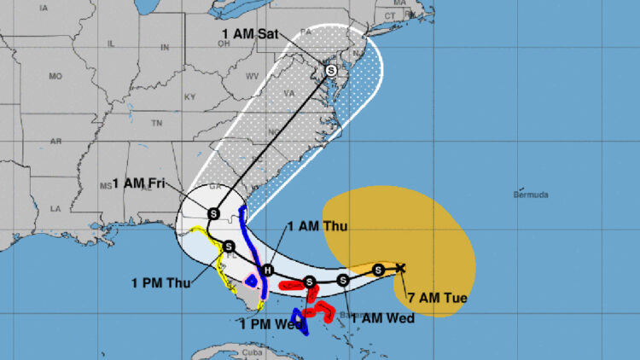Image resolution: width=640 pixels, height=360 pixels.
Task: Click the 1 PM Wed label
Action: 268,322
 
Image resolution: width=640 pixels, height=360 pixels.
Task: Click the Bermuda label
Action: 531,195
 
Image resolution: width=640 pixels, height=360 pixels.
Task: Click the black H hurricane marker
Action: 268,270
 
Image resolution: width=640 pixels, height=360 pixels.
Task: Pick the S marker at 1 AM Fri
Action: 213,212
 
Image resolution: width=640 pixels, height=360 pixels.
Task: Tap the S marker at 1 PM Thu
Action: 230,246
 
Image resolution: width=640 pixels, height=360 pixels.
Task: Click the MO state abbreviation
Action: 55,77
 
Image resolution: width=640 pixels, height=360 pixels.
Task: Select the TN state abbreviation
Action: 156,124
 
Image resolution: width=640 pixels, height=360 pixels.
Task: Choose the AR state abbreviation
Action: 56,141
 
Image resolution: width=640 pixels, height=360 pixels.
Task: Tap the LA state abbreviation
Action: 56,208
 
